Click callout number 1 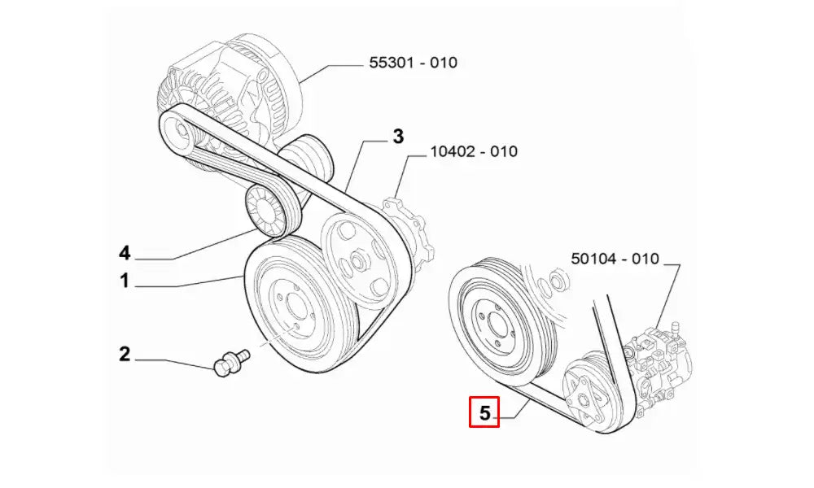pyautogui.click(x=125, y=281)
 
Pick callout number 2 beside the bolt pyautogui.click(x=125, y=354)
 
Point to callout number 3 pyautogui.click(x=398, y=137)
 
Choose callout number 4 pyautogui.click(x=125, y=253)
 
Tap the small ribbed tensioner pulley pyautogui.click(x=266, y=210)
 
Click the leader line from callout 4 pyautogui.click(x=203, y=247)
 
